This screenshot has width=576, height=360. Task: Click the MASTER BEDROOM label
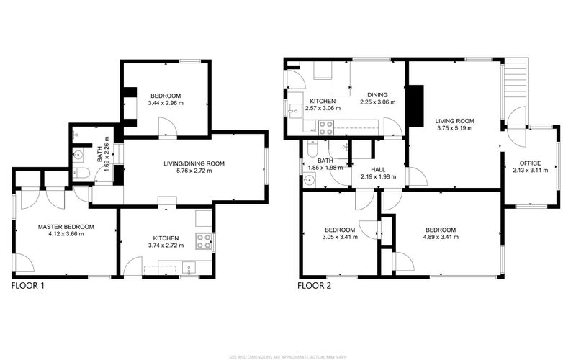coord(66,227)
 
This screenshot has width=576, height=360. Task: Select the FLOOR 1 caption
coord(28,286)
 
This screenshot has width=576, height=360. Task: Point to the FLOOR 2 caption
coord(315,286)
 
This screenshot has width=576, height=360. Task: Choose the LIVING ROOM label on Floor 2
coord(454,120)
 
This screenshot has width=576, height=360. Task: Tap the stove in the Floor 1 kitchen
coord(204,241)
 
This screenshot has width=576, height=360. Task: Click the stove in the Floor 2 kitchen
coord(326,128)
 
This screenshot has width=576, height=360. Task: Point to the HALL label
coord(368,170)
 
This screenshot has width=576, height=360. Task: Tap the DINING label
coord(377,94)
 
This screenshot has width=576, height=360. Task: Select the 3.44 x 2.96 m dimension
coord(166,103)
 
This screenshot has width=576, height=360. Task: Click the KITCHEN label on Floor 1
coord(166,238)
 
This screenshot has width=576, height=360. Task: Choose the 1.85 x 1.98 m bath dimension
coord(325,168)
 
